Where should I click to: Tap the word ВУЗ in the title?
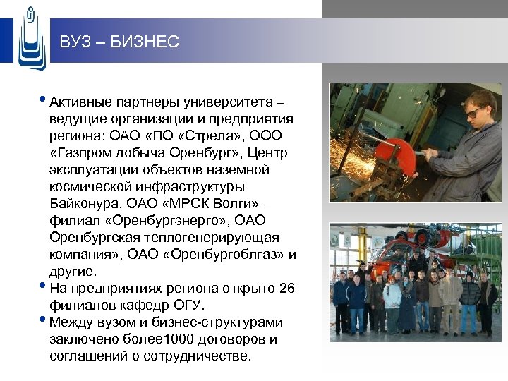[75, 42]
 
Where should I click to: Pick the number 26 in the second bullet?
[287, 289]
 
